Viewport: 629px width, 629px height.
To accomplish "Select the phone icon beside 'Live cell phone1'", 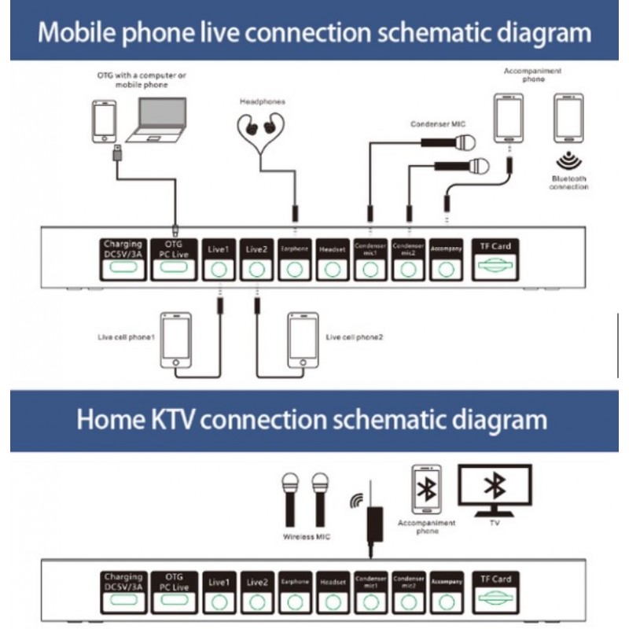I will pyautogui.click(x=175, y=340).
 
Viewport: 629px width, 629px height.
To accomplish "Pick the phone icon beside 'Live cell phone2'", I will pyautogui.click(x=303, y=340).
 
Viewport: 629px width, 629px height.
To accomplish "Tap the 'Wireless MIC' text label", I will pyautogui.click(x=306, y=537).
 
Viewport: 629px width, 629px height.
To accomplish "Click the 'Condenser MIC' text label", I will pyautogui.click(x=434, y=124).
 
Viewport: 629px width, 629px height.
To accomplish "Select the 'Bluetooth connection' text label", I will pyautogui.click(x=568, y=183).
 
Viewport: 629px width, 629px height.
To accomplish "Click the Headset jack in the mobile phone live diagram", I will pyautogui.click(x=333, y=269).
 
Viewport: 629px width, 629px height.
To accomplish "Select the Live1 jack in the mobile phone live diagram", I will pyautogui.click(x=219, y=269).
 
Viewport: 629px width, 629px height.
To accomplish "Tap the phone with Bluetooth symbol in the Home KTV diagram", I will pyautogui.click(x=427, y=490).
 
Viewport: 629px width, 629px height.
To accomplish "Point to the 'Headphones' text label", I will pyautogui.click(x=263, y=101).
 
